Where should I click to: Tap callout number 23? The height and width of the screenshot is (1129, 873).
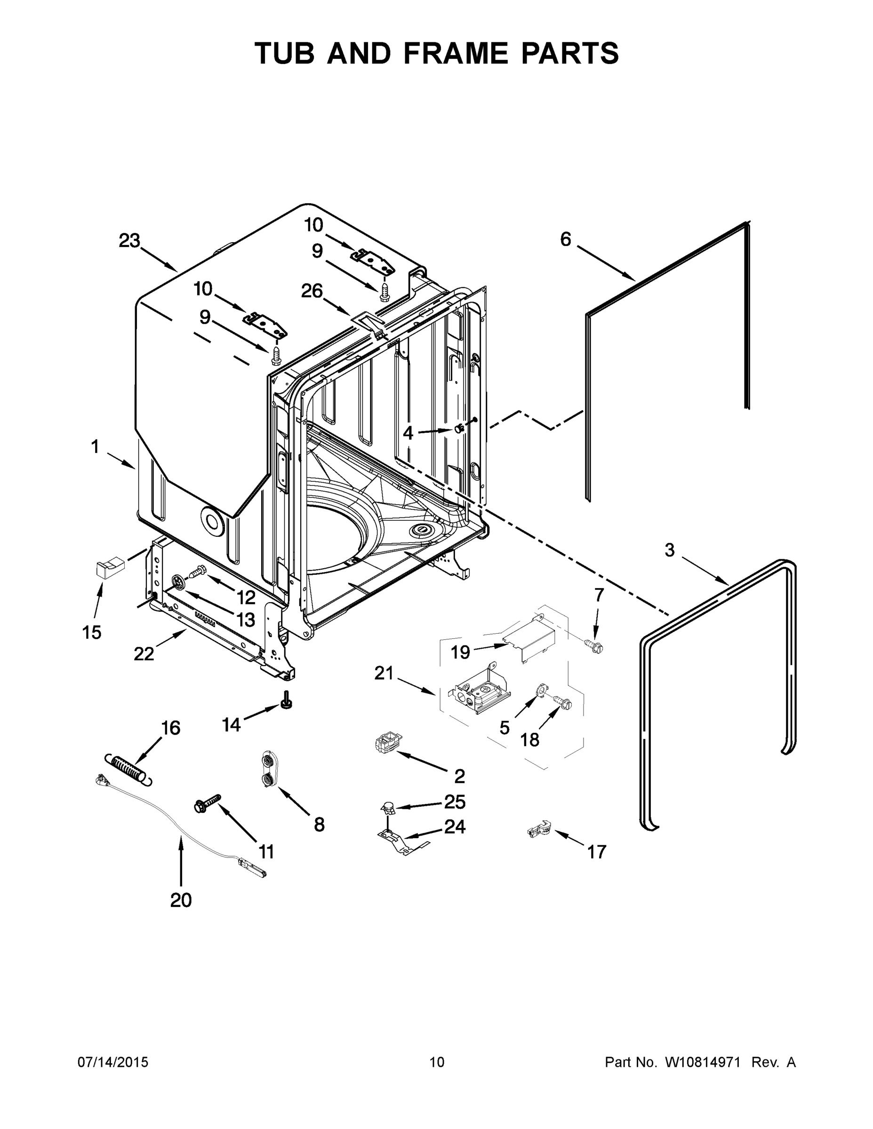pos(129,240)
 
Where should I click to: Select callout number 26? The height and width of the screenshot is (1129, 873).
pos(312,291)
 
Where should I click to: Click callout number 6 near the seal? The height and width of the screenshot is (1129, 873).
pos(566,239)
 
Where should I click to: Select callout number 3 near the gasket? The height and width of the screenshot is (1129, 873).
pos(669,550)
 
